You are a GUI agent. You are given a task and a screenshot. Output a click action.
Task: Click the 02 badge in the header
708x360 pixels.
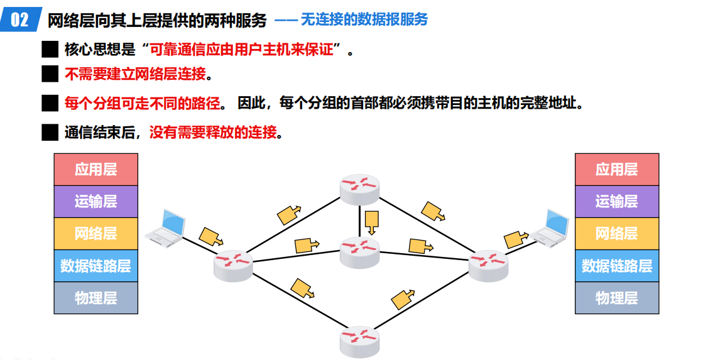click(19, 19)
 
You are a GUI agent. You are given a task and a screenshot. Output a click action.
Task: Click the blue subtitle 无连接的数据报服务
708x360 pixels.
click(364, 19)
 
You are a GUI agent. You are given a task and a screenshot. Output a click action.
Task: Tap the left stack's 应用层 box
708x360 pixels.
click(95, 169)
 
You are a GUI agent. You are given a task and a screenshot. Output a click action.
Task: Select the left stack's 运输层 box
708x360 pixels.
click(95, 201)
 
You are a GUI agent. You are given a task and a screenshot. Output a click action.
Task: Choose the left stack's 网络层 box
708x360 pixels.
click(95, 233)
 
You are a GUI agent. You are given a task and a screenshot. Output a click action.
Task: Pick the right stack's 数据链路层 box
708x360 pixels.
click(616, 265)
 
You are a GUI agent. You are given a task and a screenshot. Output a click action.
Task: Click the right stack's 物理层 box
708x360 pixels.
click(616, 298)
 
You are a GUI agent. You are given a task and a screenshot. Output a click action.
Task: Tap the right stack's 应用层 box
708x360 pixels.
click(616, 169)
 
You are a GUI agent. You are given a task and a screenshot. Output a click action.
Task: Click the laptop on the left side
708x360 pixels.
click(165, 226)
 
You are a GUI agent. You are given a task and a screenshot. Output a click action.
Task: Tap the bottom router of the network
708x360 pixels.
click(360, 341)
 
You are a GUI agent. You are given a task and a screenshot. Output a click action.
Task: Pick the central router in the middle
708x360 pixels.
click(360, 253)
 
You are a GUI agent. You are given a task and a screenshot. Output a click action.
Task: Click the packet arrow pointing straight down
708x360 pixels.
click(372, 221)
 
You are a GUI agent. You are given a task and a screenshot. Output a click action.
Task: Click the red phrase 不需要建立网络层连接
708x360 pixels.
click(135, 74)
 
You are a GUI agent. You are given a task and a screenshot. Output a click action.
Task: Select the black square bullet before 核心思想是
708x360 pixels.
click(50, 49)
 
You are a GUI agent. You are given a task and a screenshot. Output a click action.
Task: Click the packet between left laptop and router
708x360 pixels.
click(210, 237)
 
